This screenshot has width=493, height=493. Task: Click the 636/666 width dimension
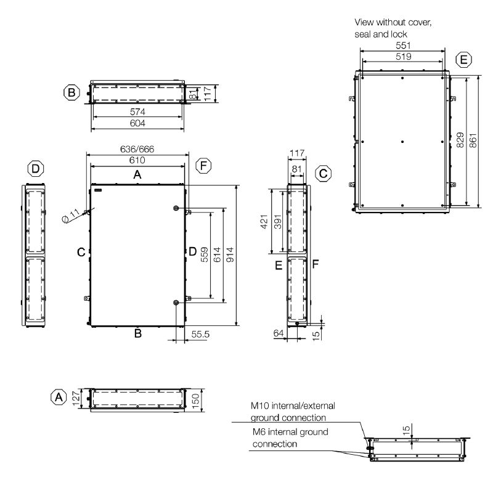137,149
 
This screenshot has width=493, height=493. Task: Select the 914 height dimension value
230,255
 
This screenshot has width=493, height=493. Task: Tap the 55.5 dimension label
200,334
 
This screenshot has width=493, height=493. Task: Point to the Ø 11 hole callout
71,216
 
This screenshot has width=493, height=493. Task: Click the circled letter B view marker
71,93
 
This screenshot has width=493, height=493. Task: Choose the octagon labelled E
464,60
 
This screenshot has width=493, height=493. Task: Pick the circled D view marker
36,169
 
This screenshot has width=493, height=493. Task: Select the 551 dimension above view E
403,46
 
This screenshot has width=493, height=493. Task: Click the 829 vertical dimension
460,141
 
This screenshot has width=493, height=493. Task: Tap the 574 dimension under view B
137,112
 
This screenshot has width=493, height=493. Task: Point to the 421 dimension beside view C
264,222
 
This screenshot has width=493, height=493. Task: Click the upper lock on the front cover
176,208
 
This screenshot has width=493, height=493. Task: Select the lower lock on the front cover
176,303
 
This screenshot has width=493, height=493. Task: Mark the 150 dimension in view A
195,401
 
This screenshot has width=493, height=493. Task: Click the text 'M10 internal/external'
293,406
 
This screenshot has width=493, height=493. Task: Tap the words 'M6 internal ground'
290,432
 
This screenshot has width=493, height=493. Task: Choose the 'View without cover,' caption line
393,23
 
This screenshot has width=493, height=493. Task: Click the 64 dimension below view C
279,333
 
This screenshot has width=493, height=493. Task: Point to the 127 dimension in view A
76,398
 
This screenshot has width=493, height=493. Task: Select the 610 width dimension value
137,160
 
